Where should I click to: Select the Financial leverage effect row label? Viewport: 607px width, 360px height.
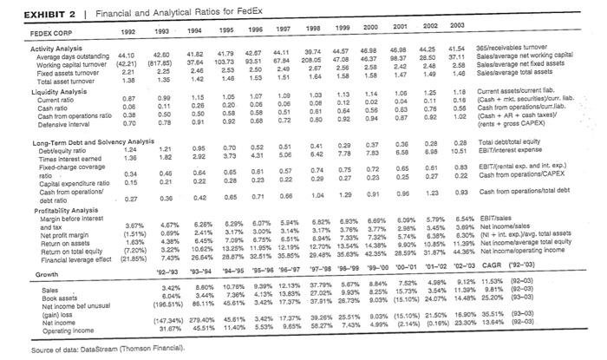coord(47,257)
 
